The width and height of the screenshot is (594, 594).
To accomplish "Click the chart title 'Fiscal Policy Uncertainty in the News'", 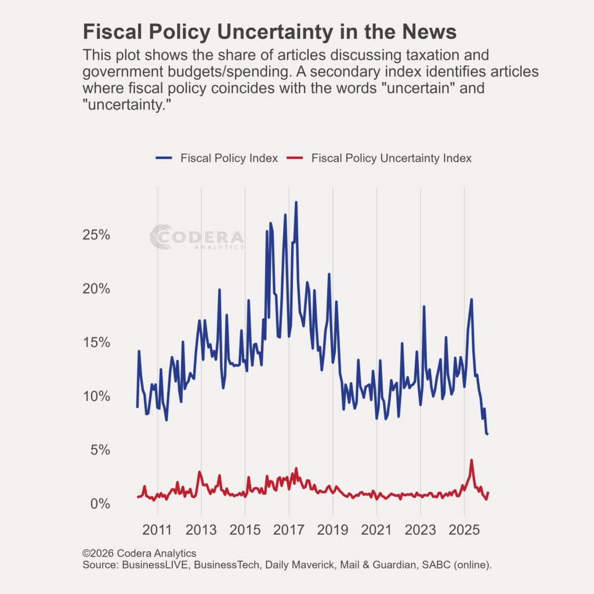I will [x=270, y=32].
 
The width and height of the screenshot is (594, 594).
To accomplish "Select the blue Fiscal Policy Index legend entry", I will [x=217, y=158].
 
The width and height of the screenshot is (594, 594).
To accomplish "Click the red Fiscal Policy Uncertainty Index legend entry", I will [x=380, y=158].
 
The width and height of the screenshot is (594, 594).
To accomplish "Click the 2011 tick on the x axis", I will [x=157, y=530].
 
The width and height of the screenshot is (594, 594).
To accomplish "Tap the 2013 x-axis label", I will [x=201, y=530].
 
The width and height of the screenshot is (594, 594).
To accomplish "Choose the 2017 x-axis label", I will [x=289, y=530].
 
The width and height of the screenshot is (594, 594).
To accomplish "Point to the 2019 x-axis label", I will [x=333, y=530].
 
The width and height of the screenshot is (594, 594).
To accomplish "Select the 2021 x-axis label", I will [x=376, y=530].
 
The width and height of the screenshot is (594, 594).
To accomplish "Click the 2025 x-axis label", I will [x=464, y=530].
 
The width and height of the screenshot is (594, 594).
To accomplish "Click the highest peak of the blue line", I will [x=296, y=202].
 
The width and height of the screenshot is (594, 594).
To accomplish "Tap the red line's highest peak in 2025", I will [x=472, y=461].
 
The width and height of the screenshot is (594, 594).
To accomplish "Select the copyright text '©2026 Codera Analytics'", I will [x=139, y=553].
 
